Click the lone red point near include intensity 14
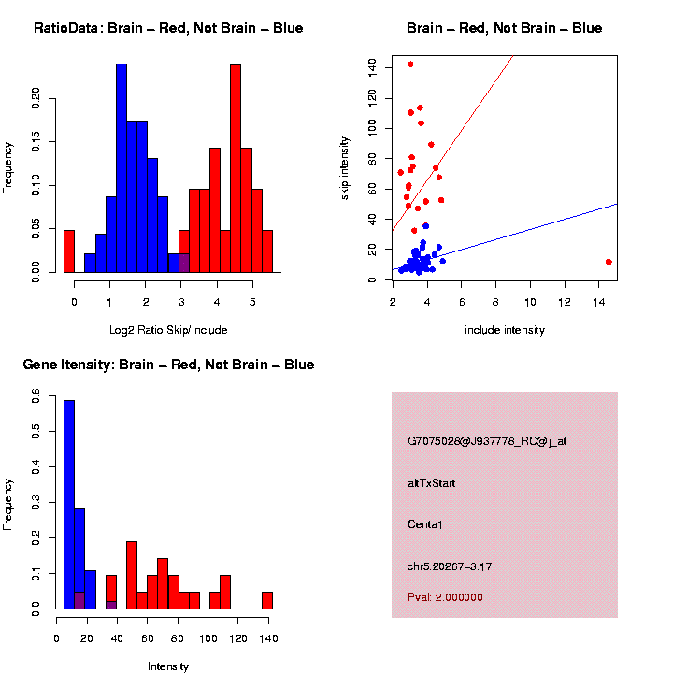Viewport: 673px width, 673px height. coord(609,262)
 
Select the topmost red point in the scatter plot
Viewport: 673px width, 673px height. coord(410,64)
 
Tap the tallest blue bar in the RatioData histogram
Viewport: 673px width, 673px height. coord(122,168)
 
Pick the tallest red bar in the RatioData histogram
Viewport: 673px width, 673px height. coord(236,168)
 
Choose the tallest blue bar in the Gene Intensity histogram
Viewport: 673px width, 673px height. coord(69,505)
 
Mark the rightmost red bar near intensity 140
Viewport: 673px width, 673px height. coord(267,600)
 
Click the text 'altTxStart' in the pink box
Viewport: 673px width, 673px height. coord(432,483)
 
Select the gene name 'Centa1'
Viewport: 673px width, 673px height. coord(425,524)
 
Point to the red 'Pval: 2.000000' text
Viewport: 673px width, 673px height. coord(446,597)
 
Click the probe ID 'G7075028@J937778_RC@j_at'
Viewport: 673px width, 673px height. coord(487,441)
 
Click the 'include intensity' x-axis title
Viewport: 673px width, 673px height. coord(505,330)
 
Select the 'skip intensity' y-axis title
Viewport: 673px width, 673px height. coord(345,168)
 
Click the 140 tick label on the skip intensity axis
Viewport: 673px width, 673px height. coord(373,65)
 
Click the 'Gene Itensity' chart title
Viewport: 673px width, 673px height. coord(168,365)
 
